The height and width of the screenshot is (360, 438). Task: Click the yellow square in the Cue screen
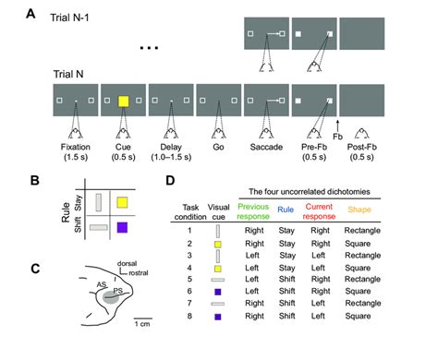pyautogui.click(x=124, y=102)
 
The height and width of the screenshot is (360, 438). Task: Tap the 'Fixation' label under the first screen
pyautogui.click(x=76, y=147)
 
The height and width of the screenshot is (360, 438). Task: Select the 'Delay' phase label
pyautogui.click(x=171, y=147)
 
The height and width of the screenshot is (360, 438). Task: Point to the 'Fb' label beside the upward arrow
pyautogui.click(x=337, y=137)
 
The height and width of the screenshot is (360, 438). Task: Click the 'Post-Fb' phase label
pyautogui.click(x=362, y=147)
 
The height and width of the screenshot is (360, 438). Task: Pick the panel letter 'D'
pyautogui.click(x=170, y=180)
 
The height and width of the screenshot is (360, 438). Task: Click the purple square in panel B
pyautogui.click(x=122, y=228)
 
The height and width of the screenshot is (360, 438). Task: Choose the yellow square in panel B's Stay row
pyautogui.click(x=122, y=203)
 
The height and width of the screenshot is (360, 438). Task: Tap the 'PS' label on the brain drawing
pyautogui.click(x=117, y=291)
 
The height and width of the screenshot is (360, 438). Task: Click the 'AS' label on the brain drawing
pyautogui.click(x=102, y=284)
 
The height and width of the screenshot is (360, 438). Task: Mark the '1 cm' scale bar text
pyautogui.click(x=142, y=324)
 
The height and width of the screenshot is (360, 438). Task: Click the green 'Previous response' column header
pyautogui.click(x=253, y=211)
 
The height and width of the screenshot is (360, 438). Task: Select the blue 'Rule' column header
pyautogui.click(x=286, y=210)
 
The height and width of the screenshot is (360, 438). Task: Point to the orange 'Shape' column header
pyautogui.click(x=359, y=210)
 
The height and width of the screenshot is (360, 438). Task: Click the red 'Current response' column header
pyautogui.click(x=319, y=211)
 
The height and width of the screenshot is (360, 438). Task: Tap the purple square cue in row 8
pyautogui.click(x=218, y=317)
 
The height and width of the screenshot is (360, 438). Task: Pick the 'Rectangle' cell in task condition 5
pyautogui.click(x=362, y=280)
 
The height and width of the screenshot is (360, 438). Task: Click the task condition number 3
pyautogui.click(x=189, y=256)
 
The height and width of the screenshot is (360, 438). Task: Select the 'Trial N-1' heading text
pyautogui.click(x=69, y=18)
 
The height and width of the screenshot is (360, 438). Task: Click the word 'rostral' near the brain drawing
pyautogui.click(x=139, y=273)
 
